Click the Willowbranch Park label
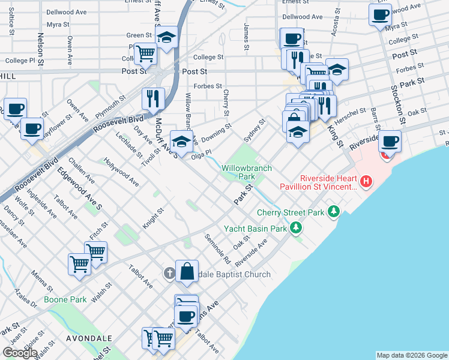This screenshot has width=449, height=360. tap(247, 172)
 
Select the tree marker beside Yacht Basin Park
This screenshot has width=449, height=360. tap(295, 228)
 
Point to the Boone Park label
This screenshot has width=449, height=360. tap(65, 299)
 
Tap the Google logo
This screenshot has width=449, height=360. tap(20, 353)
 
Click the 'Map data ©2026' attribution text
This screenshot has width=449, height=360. tap(412, 355)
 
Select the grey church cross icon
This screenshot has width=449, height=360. tap(170, 274)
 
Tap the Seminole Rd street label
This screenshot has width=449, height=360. tap(218, 248)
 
